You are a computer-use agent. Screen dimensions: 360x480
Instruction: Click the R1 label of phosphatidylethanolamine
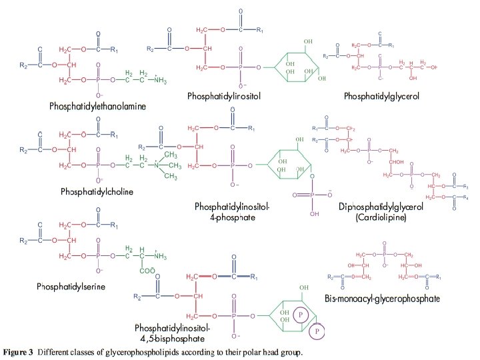click(x=114, y=50)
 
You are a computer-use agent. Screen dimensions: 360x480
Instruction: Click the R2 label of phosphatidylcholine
click(x=23, y=150)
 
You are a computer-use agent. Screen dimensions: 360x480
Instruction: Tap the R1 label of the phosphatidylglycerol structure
click(x=391, y=45)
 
